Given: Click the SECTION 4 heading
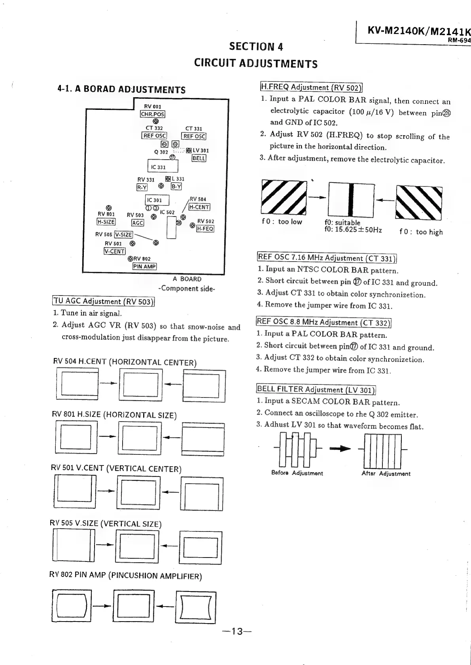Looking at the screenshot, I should [x=256, y=47].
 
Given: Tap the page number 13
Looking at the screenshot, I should [x=236, y=631].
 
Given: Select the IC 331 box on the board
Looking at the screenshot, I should [x=158, y=167].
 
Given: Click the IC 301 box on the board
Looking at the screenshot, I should [x=157, y=200].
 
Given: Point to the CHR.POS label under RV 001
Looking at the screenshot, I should [x=153, y=115].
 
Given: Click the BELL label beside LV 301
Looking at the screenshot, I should [x=199, y=158].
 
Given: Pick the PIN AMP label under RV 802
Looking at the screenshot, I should [x=145, y=266].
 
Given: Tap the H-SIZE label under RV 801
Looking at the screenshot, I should [x=106, y=222].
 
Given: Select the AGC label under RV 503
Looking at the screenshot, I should [x=138, y=223].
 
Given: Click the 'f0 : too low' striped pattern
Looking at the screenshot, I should [x=284, y=196].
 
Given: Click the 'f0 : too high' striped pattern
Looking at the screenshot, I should [x=418, y=203].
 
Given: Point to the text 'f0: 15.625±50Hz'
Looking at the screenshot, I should [x=353, y=230].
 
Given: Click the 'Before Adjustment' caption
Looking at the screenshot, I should [x=297, y=473].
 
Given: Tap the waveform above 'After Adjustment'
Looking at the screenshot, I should [x=382, y=450].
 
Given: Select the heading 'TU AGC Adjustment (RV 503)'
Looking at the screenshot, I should [x=103, y=301].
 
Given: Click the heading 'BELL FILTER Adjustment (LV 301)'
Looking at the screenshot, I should [x=316, y=390].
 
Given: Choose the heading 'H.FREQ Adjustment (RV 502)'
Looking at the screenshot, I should [x=311, y=87].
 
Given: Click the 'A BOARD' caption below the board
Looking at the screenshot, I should [x=187, y=279].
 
